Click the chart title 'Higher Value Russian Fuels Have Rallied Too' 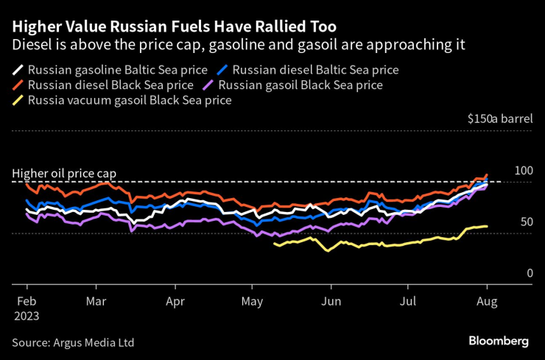tap(175, 27)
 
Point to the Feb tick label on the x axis tap(27, 300)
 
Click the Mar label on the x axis tap(96, 300)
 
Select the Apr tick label tap(175, 300)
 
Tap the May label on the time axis tap(253, 300)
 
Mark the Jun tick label tap(331, 300)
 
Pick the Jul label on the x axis tap(408, 300)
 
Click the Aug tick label tap(486, 300)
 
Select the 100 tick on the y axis tap(523, 171)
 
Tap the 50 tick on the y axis tap(526, 222)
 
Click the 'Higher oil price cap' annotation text tap(64, 174)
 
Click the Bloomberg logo tap(499, 341)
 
